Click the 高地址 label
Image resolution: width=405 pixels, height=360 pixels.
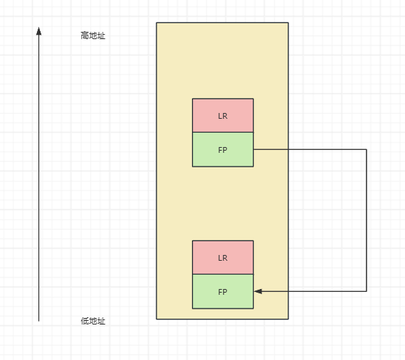click(93, 35)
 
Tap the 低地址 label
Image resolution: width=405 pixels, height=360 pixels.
click(93, 321)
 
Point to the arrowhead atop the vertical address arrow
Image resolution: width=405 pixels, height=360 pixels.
click(38, 31)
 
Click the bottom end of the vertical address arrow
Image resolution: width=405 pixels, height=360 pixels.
click(38, 321)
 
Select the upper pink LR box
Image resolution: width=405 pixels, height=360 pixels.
click(223, 115)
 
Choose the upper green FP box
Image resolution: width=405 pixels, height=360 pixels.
click(223, 149)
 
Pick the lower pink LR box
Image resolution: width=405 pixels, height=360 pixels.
click(223, 257)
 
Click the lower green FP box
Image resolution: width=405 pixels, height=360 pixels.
click(223, 292)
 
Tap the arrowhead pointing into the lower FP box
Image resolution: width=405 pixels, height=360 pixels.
click(258, 291)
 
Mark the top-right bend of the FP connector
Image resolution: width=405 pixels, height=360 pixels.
click(367, 149)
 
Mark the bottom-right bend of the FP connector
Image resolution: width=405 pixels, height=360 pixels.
click(367, 291)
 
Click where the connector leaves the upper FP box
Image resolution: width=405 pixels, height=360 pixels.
click(254, 149)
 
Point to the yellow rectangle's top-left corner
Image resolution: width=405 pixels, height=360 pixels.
click(156, 22)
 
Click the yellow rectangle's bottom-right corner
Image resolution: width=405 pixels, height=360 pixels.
click(288, 319)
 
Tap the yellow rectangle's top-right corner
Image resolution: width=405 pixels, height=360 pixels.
click(288, 22)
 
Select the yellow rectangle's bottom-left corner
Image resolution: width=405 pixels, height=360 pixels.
click(156, 319)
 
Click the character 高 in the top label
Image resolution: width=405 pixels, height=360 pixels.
click(85, 35)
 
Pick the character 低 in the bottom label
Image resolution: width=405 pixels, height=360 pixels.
click(85, 321)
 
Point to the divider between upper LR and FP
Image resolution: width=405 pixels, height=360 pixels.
click(223, 133)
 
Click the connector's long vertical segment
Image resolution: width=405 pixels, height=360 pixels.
click(367, 220)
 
